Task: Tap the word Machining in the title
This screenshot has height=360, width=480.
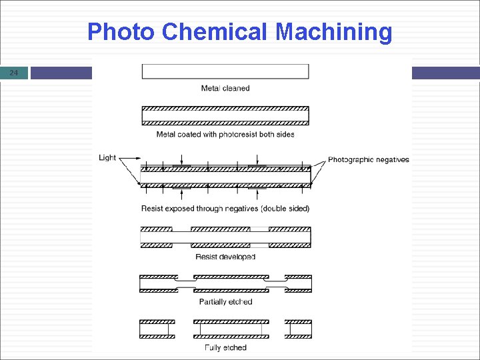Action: (x=334, y=32)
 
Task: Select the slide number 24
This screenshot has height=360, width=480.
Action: (x=15, y=73)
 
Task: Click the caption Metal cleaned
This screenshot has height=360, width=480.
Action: (x=225, y=88)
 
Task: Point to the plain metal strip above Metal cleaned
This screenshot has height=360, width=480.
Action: (x=225, y=71)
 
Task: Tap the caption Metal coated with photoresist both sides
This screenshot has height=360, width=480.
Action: (x=225, y=134)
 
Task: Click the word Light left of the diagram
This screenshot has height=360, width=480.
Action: (x=107, y=158)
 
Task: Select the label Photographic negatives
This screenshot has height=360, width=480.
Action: (x=369, y=159)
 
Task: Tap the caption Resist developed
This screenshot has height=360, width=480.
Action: (x=225, y=257)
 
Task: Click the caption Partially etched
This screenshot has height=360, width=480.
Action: (x=225, y=302)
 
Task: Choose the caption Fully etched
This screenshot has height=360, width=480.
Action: (x=225, y=347)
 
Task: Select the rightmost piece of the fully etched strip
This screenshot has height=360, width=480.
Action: (x=298, y=329)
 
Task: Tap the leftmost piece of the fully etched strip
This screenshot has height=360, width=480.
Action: (x=157, y=329)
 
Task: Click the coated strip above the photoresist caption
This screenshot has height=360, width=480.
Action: (x=225, y=115)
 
